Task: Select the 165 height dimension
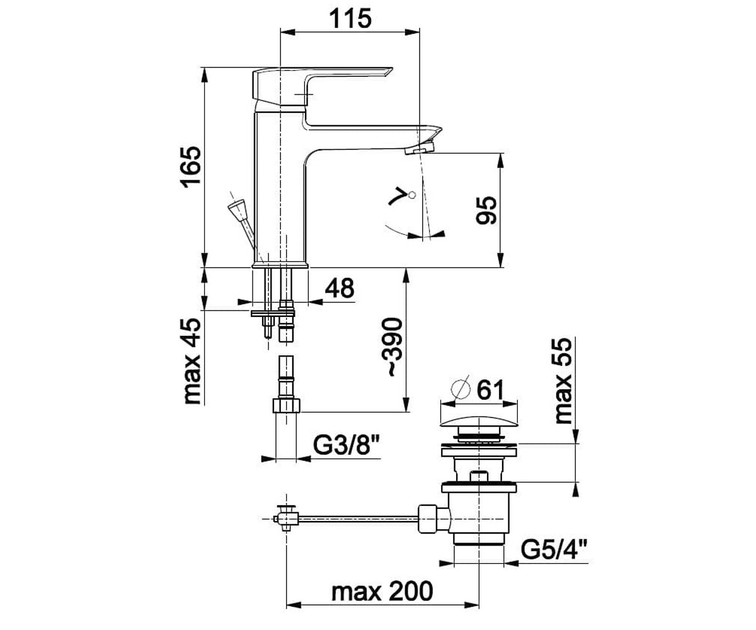192,167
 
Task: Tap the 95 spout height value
486,210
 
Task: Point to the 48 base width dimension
340,288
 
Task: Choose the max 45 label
192,361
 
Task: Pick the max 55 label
563,381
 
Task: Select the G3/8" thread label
346,445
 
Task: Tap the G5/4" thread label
554,549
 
